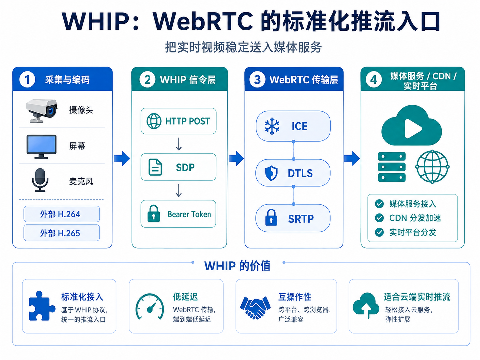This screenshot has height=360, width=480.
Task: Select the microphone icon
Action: tap(40, 180)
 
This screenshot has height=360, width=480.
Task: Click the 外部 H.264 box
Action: tap(62, 214)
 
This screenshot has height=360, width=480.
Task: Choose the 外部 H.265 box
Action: tap(62, 233)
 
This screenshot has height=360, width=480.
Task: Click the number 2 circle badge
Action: tap(148, 79)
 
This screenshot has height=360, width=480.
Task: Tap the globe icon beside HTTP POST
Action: tap(154, 121)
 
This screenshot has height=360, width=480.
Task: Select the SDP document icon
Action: tap(155, 167)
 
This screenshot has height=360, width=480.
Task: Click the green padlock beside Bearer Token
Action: tap(154, 213)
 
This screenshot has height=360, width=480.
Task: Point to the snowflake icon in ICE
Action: tap(272, 126)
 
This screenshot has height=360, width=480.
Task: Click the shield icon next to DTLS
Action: tap(271, 173)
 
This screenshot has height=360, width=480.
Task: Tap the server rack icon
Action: tap(391, 167)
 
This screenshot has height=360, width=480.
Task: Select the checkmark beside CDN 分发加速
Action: tap(379, 218)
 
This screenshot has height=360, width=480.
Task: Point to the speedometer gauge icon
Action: tap(150, 306)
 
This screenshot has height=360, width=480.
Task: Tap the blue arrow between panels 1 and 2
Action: tap(122, 158)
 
